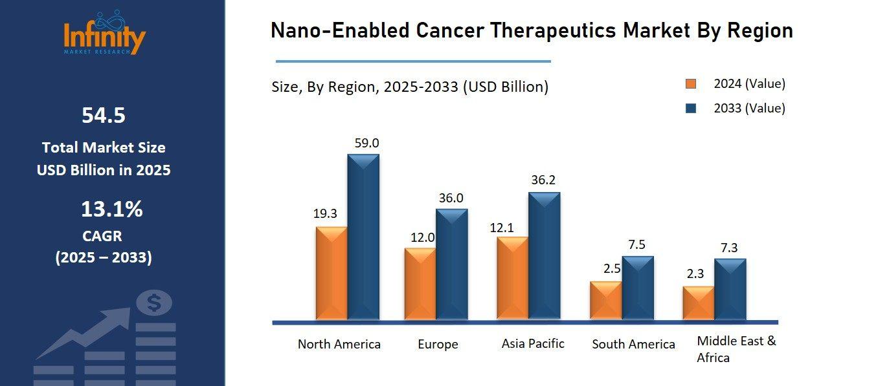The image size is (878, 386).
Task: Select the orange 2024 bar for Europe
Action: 420,284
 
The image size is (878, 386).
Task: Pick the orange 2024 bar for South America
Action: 605,301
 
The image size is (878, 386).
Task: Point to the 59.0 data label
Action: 366,143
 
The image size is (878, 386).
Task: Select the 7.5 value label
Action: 636,244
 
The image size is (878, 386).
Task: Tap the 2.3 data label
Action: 695,274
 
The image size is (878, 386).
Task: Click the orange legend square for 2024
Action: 691,84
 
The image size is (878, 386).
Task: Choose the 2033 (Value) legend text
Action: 749,108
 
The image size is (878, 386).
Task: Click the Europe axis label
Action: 438,345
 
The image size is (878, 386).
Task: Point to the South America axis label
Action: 633,345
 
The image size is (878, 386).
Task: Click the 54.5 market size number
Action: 104,116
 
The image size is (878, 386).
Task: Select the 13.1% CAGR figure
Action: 111,209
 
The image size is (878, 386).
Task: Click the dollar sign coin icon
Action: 154,302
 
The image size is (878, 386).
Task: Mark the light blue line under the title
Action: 413,61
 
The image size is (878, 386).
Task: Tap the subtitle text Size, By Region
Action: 324,87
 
